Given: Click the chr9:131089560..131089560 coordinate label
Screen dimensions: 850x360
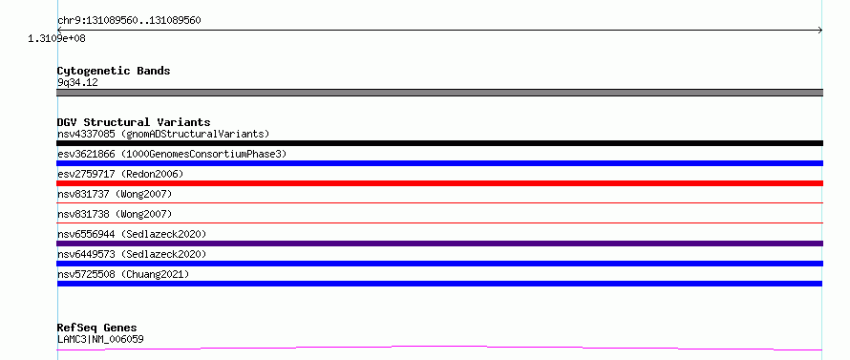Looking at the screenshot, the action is [x=129, y=21].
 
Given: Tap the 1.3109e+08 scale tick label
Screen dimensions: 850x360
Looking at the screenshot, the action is [x=56, y=38].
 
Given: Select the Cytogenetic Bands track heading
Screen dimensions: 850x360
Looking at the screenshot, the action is [x=114, y=71].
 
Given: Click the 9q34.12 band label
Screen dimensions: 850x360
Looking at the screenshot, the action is [x=77, y=82].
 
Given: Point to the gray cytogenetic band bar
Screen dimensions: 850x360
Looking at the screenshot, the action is [x=439, y=93].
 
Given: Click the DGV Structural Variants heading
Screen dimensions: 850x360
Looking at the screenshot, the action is [x=134, y=122].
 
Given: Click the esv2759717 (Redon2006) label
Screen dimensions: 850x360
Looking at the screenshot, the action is [x=120, y=174].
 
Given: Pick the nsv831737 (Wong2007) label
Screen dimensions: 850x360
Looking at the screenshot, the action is [x=115, y=194].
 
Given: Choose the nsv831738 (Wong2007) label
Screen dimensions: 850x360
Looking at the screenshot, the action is [x=115, y=214].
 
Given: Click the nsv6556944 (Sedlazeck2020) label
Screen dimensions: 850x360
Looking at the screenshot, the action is [x=132, y=234].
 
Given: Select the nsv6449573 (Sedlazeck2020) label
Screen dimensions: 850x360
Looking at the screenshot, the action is [x=132, y=254].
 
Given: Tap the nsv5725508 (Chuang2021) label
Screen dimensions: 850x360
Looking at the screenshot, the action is [x=123, y=274].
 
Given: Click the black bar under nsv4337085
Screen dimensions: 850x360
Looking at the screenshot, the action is [x=439, y=143].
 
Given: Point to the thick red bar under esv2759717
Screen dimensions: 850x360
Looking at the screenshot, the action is [x=439, y=183].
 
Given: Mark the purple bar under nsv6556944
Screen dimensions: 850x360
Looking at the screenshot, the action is [x=439, y=244].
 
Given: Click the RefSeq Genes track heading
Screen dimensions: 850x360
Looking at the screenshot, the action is [x=96, y=328].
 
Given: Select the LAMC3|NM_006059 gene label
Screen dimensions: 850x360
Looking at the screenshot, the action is [x=100, y=339].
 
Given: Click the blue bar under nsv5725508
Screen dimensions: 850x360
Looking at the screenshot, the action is [x=439, y=284].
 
